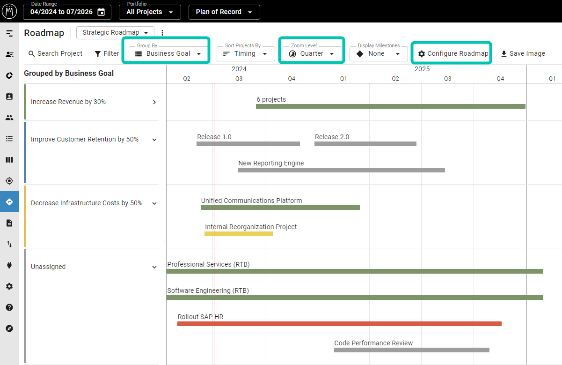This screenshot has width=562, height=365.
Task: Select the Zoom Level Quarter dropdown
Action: click(x=312, y=54)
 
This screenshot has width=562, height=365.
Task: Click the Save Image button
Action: click(x=523, y=54)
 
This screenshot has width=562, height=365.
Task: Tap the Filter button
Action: click(x=107, y=54)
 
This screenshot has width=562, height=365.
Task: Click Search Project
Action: click(x=55, y=54)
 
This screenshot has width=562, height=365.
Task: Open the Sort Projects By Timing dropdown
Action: click(x=245, y=54)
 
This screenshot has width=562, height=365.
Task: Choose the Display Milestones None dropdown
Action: click(x=378, y=54)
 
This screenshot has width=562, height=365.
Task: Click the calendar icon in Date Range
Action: click(x=101, y=12)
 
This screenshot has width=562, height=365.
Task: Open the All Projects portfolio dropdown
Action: click(x=150, y=12)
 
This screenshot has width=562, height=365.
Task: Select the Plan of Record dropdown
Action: click(x=224, y=12)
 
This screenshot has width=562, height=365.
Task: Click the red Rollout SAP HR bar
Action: click(x=339, y=324)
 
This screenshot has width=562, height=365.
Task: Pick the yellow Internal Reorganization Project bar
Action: click(x=239, y=234)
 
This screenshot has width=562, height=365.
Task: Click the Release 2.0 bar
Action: click(x=365, y=144)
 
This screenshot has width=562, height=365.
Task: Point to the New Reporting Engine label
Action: click(x=271, y=163)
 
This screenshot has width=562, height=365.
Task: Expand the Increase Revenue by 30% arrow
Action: click(x=154, y=102)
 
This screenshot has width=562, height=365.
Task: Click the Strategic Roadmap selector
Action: click(x=115, y=32)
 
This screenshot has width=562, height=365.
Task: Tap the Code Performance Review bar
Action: click(x=412, y=350)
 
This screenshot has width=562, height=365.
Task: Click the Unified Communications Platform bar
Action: click(x=280, y=208)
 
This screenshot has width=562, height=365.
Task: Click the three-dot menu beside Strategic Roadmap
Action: click(x=162, y=33)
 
